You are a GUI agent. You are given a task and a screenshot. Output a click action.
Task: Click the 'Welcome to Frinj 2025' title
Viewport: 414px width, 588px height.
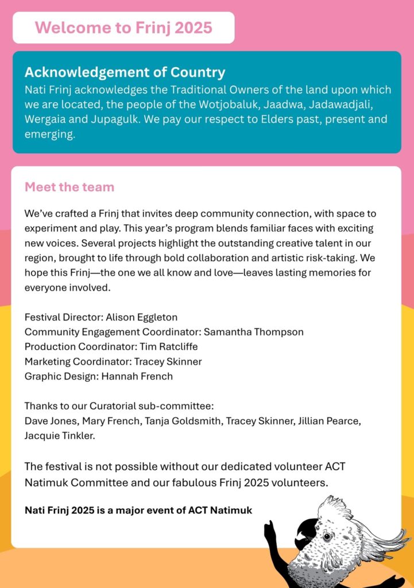123,27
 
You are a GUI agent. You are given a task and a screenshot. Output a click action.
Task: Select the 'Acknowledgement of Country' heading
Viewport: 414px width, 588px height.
125,72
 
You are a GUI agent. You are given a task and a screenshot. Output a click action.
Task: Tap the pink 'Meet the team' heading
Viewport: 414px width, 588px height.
69,187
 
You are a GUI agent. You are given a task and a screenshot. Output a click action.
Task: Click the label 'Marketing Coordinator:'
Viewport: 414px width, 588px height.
78,362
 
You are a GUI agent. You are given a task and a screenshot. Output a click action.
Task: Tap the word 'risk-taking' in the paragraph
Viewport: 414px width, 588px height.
334,258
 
